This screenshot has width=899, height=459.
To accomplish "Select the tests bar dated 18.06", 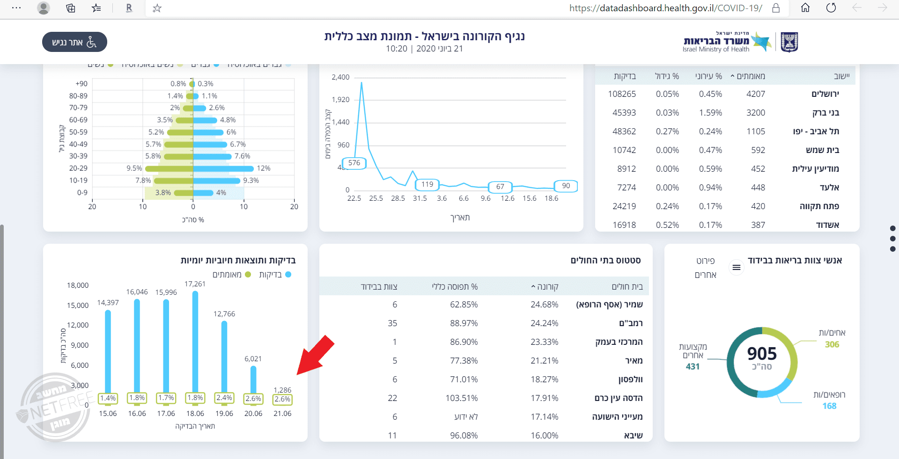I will [x=195, y=342].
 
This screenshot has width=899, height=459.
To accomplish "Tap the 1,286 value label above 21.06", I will [x=282, y=390].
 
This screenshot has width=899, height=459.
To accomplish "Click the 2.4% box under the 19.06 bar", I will [x=224, y=398].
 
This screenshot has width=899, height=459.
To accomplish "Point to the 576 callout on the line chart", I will [x=354, y=163].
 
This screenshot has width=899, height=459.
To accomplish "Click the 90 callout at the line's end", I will [x=566, y=186].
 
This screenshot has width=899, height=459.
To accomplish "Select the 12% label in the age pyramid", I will [x=264, y=168].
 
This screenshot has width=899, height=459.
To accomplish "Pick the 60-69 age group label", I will [x=78, y=120].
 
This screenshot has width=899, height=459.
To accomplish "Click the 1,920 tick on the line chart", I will [x=340, y=100].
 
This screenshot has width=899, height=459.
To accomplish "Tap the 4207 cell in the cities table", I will [x=756, y=94].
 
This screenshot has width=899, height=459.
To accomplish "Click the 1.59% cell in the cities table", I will [x=710, y=113].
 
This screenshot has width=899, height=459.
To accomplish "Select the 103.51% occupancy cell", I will [x=462, y=398].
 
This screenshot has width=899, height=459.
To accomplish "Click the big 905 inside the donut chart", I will [x=762, y=354].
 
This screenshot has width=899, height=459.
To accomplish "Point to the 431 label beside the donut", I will [x=693, y=367].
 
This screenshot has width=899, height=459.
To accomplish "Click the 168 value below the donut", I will [x=829, y=406].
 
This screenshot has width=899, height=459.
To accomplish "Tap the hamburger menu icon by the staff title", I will [x=737, y=267].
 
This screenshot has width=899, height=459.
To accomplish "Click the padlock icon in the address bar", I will [x=776, y=8].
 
